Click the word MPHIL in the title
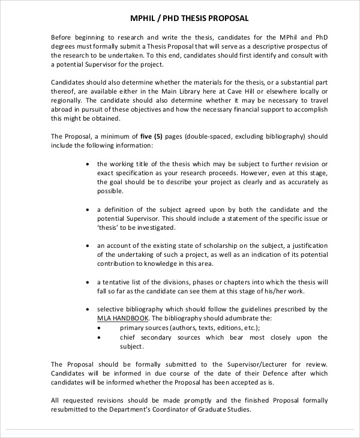(143, 19)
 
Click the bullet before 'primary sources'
(99, 328)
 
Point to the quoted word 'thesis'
(109, 228)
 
